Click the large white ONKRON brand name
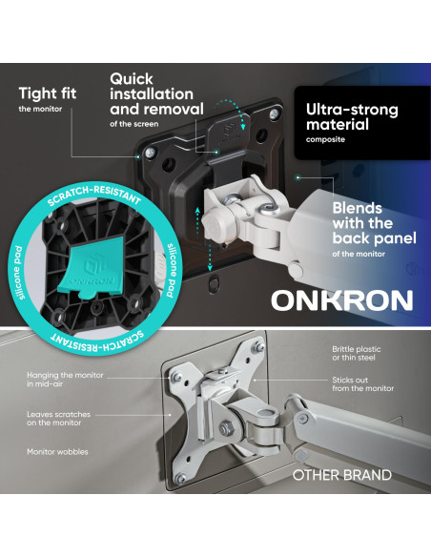click(342, 300)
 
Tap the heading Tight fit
click(48, 93)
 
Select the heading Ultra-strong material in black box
click(352, 117)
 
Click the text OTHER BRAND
click(342, 475)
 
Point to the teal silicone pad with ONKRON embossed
click(92, 266)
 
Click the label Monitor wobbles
click(57, 452)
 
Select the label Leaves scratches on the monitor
click(58, 419)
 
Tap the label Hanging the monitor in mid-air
click(65, 379)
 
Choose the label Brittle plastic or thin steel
click(356, 354)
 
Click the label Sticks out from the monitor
click(363, 384)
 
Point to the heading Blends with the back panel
click(374, 223)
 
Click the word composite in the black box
click(325, 139)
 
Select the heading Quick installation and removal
click(156, 94)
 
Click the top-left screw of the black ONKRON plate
click(151, 153)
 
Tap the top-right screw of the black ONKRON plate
click(274, 114)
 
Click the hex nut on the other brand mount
click(224, 427)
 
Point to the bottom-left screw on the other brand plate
click(181, 479)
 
